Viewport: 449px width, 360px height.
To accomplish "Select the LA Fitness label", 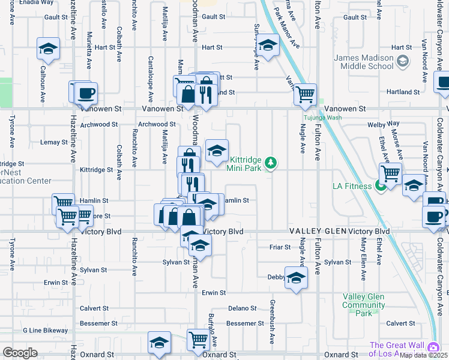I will [x=352, y=186].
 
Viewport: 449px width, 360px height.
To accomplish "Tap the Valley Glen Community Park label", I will [x=363, y=305].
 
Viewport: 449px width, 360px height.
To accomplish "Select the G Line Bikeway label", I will [x=46, y=331].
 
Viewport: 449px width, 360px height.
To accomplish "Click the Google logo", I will [x=20, y=353].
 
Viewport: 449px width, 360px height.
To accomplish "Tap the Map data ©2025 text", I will [x=423, y=355].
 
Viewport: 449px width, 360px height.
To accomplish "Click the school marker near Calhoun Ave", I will [x=48, y=49].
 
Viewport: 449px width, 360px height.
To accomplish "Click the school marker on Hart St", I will [x=268, y=46].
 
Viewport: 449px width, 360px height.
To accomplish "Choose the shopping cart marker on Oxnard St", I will [x=197, y=340].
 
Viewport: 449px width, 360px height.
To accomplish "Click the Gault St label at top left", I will [x=55, y=17].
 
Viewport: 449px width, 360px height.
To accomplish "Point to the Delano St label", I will [x=242, y=308].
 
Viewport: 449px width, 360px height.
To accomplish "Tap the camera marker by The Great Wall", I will [x=433, y=347].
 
